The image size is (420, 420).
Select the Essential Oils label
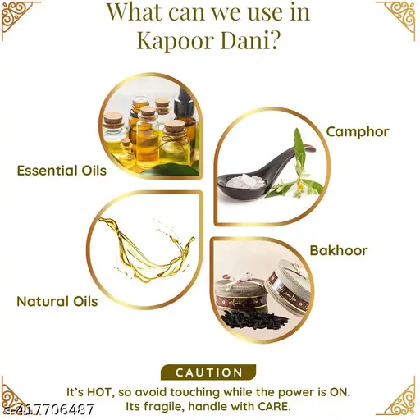coord(62,171)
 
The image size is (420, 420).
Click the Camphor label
coord(358,132)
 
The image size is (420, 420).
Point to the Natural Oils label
coord(57,301)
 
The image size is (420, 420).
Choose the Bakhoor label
coord(339,251)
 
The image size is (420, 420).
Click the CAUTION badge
coord(208,372)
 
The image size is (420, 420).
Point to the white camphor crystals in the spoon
coord(240,180)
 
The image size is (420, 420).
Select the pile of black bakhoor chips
coord(254,319)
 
